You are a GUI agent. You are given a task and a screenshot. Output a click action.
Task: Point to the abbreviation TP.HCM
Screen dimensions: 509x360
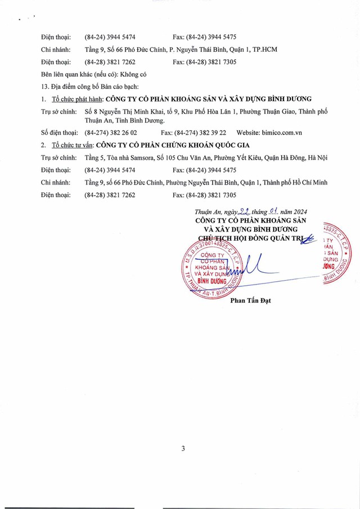265,49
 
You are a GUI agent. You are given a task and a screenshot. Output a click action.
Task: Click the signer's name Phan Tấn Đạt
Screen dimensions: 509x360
250,300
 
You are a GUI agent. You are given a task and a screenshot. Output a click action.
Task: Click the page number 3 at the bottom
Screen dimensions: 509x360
183,448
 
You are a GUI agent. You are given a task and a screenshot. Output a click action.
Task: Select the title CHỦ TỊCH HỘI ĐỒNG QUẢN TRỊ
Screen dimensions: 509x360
246,238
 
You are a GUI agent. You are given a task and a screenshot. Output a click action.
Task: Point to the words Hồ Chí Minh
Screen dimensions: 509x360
307,182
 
